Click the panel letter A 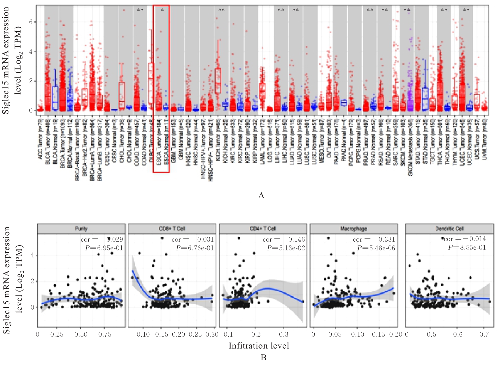pos(261,196)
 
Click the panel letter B pos(263,358)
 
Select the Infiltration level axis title pos(259,346)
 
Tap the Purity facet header pos(81,229)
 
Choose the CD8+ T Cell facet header pos(172,229)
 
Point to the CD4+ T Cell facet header pos(263,229)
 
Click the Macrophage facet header pos(353,229)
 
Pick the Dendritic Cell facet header pos(449,229)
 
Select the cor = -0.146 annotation pos(283,240)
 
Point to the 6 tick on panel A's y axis pos(31,22)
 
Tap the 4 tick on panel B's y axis pos(32,255)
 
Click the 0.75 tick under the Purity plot pos(105,334)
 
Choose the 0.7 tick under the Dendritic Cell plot pos(484,334)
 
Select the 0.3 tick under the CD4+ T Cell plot pos(283,334)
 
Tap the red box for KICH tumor pos(218,81)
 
